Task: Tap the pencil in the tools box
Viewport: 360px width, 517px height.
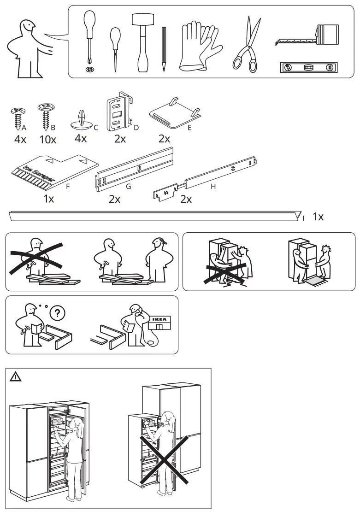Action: pos(164,48)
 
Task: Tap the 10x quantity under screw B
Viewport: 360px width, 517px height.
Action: pos(47,140)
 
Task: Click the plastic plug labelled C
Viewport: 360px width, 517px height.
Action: pos(81,120)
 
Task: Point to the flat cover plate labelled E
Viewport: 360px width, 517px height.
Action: pos(173,112)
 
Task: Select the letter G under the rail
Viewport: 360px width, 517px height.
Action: pos(129,187)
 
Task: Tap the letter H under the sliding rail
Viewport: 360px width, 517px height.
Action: pos(213,187)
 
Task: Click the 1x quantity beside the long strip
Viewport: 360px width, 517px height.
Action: pos(318,217)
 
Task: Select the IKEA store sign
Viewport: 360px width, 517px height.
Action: pos(159,321)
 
